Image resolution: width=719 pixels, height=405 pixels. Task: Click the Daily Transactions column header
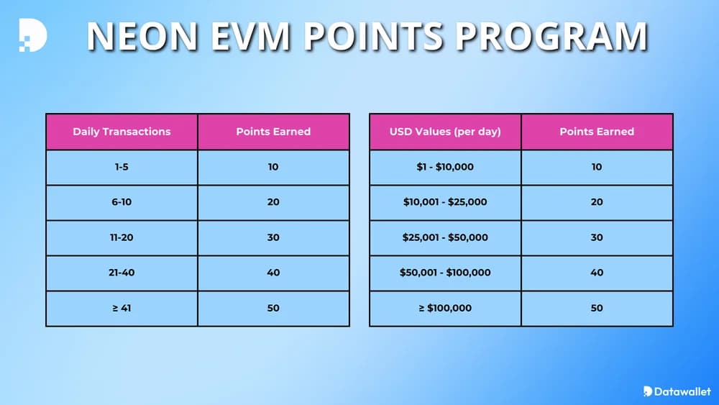click(x=122, y=132)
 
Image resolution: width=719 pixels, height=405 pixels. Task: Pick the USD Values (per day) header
click(x=445, y=132)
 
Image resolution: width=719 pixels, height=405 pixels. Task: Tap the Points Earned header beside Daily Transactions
click(x=273, y=132)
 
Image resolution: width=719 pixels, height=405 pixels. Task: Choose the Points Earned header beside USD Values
click(x=597, y=132)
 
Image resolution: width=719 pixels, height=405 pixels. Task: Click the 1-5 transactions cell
click(x=122, y=167)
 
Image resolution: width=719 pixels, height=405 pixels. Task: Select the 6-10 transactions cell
click(x=122, y=202)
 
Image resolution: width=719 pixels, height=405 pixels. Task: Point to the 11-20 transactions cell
click(x=122, y=237)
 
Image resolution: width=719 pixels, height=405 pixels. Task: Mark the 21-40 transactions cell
click(x=122, y=273)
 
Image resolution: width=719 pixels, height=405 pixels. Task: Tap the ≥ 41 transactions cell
click(x=122, y=308)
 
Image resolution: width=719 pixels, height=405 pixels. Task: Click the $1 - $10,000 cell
click(x=445, y=167)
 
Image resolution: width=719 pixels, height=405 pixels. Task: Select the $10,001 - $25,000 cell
click(x=445, y=202)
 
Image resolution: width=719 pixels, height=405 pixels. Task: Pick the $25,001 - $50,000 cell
click(x=445, y=237)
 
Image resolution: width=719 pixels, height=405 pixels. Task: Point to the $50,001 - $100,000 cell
click(x=445, y=273)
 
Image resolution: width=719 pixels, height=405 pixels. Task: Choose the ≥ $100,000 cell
click(x=445, y=308)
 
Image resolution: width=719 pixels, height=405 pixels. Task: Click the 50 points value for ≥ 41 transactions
click(x=273, y=308)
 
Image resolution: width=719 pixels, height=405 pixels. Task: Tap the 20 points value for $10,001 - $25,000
click(x=597, y=202)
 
